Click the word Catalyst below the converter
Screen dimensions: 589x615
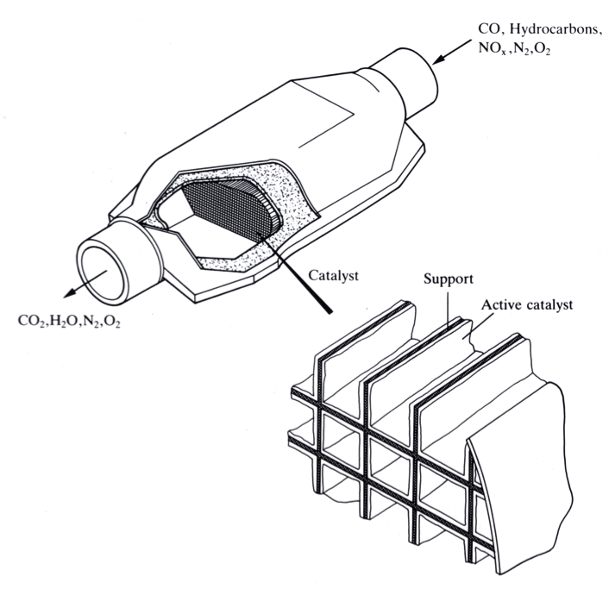(x=333, y=277)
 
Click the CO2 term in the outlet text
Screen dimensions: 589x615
(x=30, y=321)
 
